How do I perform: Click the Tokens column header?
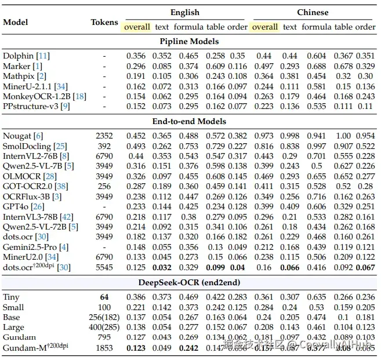click(104, 22)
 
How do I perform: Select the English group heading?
click(184, 12)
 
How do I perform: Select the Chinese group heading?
click(313, 12)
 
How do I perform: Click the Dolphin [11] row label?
click(26, 56)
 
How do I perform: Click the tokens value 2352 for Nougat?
click(104, 136)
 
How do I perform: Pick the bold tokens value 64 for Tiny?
click(104, 297)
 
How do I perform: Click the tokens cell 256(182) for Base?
click(104, 317)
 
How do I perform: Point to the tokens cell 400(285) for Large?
click(104, 327)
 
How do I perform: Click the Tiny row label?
click(11, 297)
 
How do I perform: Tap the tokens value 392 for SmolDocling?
click(104, 146)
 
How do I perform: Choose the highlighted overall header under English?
click(137, 27)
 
